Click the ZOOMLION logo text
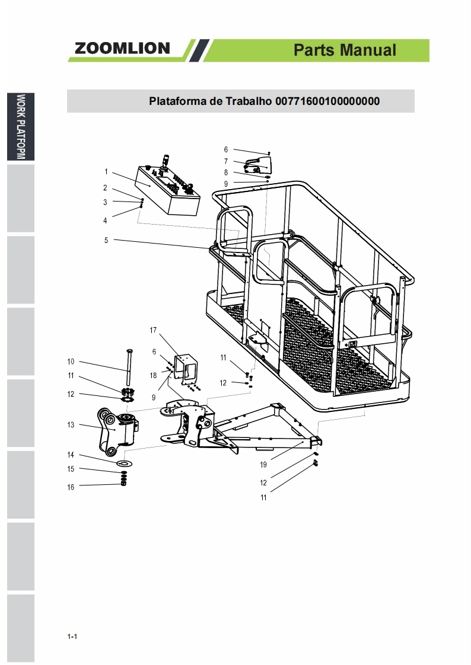pyautogui.click(x=122, y=49)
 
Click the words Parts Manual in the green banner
pyautogui.click(x=345, y=50)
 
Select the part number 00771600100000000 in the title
pyautogui.click(x=327, y=101)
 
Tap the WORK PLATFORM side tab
pyautogui.click(x=21, y=127)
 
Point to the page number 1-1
pyautogui.click(x=72, y=637)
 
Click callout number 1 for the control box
pyautogui.click(x=106, y=172)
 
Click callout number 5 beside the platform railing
pyautogui.click(x=106, y=240)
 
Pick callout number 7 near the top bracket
pyautogui.click(x=226, y=161)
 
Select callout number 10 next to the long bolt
pyautogui.click(x=71, y=362)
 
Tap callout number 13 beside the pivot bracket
pyautogui.click(x=71, y=424)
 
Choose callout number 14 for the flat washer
pyautogui.click(x=71, y=455)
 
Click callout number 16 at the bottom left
pyautogui.click(x=71, y=487)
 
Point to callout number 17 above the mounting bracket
pyautogui.click(x=152, y=330)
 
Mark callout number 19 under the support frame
pyautogui.click(x=263, y=465)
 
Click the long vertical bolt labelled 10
pyautogui.click(x=128, y=370)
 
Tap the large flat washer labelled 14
pyautogui.click(x=125, y=462)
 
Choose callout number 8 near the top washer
pyautogui.click(x=226, y=172)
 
